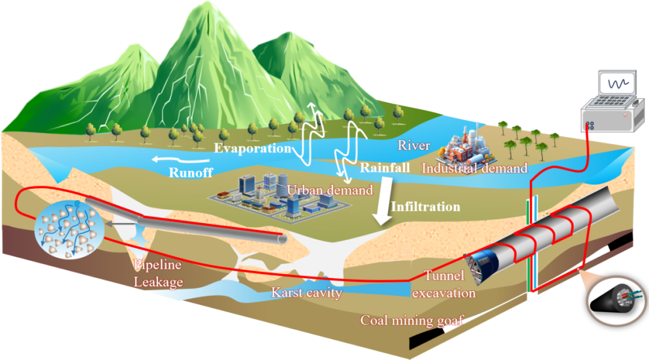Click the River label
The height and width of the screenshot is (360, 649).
413,145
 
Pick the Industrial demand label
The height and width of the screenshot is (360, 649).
474,168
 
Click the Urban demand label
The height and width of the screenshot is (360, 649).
330,190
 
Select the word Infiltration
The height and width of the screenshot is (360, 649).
425,207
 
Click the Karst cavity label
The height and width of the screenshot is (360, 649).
306,293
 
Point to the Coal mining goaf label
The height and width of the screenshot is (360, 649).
412,320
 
